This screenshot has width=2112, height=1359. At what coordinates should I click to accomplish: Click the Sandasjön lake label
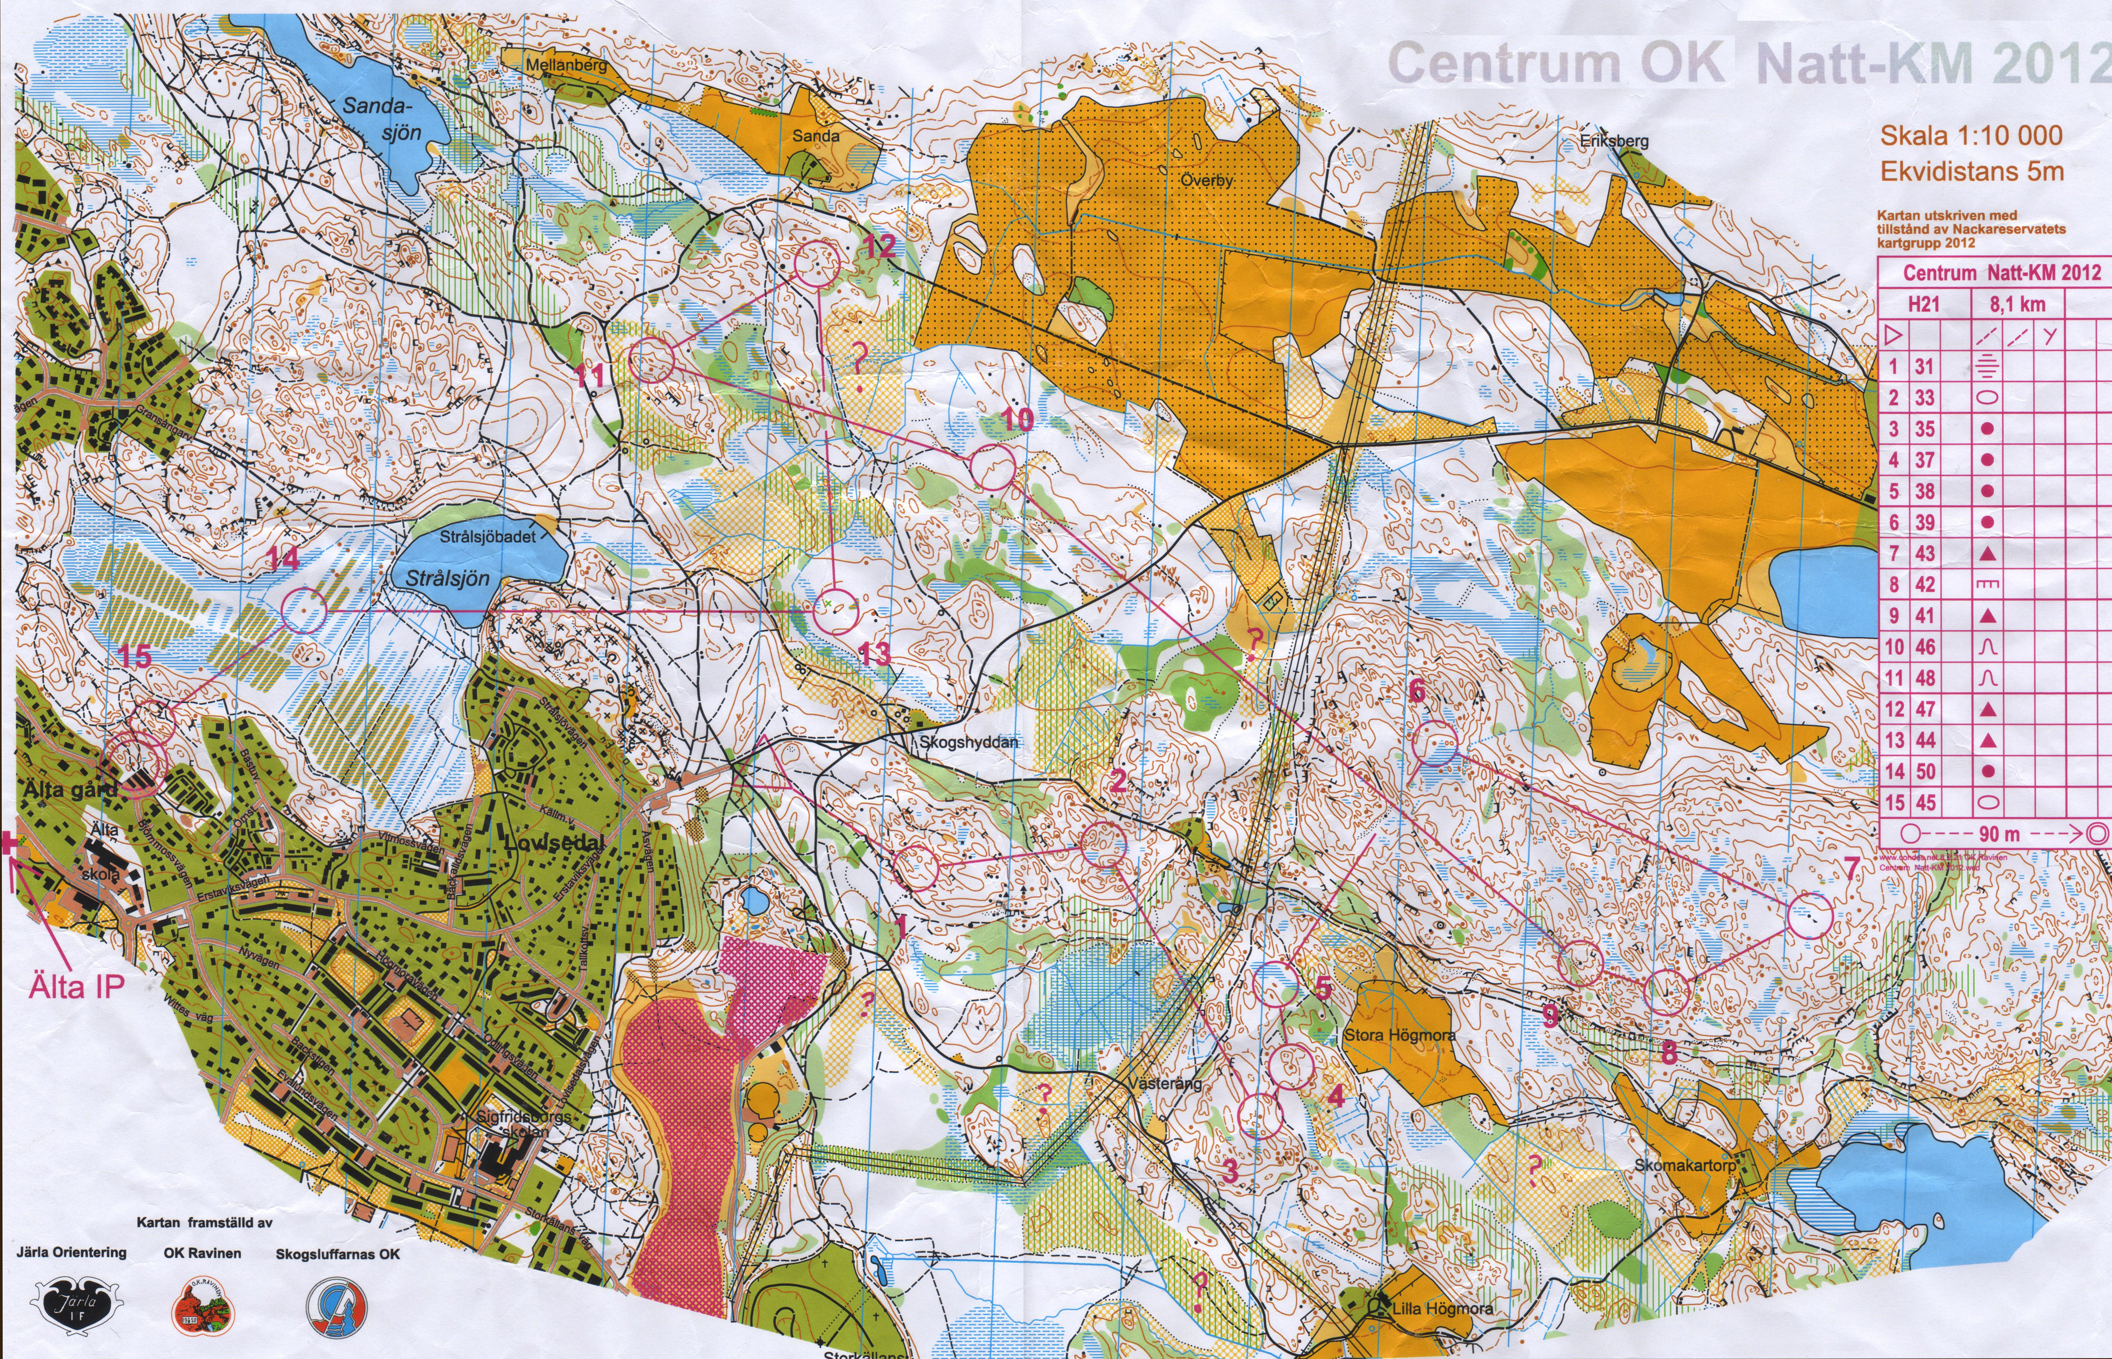381,119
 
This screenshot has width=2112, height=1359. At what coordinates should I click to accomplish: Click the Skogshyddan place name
968,742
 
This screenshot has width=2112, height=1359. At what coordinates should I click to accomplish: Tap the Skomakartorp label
1685,1166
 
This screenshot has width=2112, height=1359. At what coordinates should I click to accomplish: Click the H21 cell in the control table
1924,305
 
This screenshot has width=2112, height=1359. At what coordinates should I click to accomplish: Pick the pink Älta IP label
76,986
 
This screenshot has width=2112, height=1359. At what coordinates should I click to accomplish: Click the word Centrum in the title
1503,63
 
